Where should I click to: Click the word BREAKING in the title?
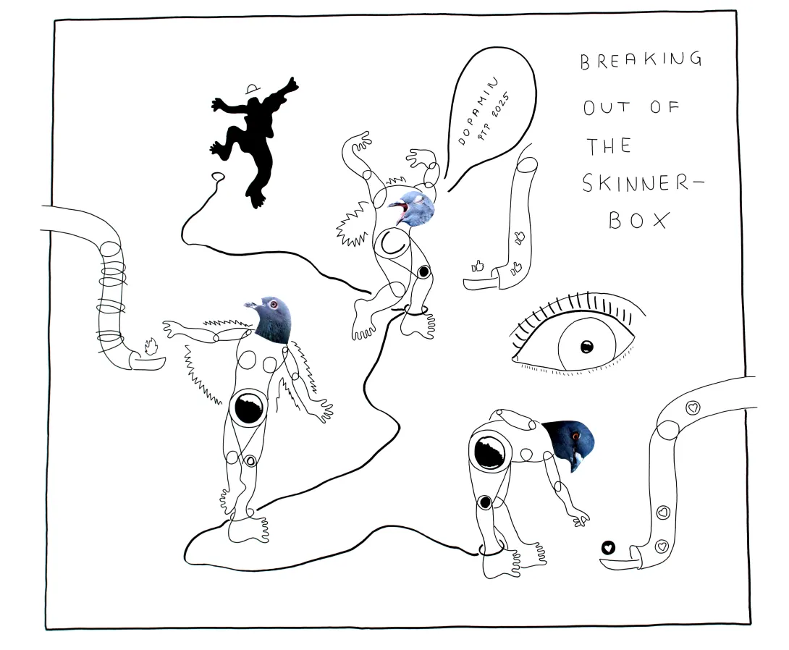(641, 60)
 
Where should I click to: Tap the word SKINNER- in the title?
(643, 183)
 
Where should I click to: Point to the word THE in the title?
(609, 146)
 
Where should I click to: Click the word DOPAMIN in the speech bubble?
(478, 111)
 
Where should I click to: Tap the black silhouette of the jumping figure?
(253, 141)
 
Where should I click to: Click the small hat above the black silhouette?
(253, 89)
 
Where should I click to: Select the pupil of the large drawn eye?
(587, 347)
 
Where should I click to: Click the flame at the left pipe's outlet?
(151, 347)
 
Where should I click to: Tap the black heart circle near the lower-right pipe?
(608, 547)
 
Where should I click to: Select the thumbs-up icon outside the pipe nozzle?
(476, 266)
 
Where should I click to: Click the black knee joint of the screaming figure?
(424, 272)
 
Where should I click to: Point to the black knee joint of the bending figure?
(485, 502)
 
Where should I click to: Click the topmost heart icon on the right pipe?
(693, 407)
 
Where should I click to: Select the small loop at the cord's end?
(218, 177)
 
